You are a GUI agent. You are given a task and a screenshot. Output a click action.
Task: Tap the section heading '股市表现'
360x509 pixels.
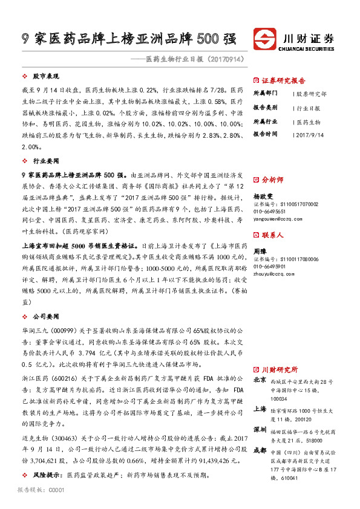click(45, 77)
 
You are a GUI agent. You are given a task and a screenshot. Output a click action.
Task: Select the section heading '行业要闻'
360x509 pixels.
click(45, 162)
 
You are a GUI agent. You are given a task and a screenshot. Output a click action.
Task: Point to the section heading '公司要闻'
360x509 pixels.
click(45, 316)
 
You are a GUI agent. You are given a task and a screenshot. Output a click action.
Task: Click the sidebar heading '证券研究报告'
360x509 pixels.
click(283, 80)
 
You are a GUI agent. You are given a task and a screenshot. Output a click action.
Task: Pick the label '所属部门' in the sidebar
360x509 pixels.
click(265, 94)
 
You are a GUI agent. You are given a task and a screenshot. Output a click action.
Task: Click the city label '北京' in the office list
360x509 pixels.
click(260, 380)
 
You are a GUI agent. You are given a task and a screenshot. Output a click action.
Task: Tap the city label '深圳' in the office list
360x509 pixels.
click(260, 430)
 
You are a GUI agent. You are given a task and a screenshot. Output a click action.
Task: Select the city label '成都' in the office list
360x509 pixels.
click(260, 450)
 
